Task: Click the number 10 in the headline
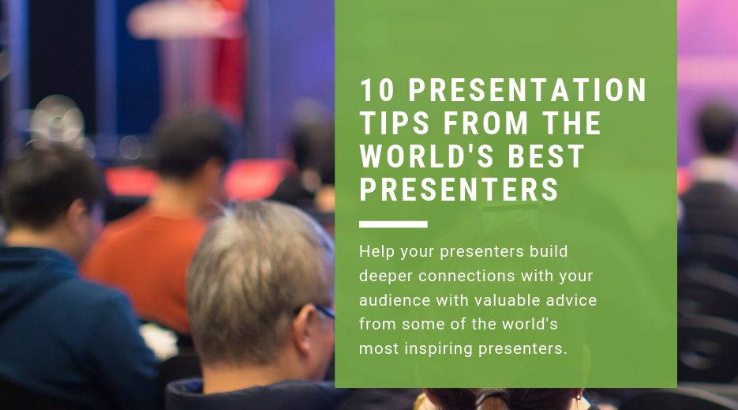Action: (x=376, y=91)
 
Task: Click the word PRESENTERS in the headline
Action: (x=459, y=190)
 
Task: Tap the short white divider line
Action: (x=393, y=224)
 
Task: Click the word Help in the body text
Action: (x=375, y=252)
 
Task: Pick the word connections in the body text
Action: (x=470, y=276)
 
